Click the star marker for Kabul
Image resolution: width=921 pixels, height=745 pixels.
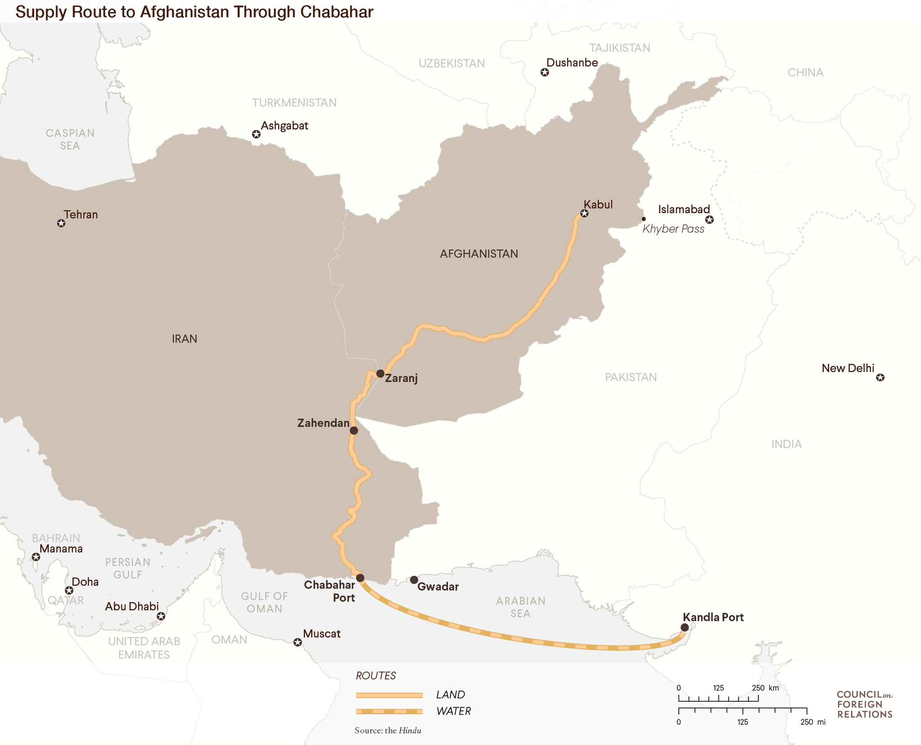click(x=584, y=214)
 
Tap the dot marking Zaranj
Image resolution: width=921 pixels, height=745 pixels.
click(x=380, y=373)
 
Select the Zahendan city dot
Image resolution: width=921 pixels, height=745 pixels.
click(x=354, y=431)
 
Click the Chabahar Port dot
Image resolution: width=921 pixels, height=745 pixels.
click(x=360, y=578)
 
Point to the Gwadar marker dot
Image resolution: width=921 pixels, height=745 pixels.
click(x=414, y=580)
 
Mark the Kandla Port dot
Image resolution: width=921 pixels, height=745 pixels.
click(x=684, y=628)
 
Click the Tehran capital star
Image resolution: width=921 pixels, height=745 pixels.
click(x=61, y=224)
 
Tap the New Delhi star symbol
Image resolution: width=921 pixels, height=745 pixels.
click(x=880, y=377)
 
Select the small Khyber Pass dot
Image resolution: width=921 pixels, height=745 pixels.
click(x=644, y=219)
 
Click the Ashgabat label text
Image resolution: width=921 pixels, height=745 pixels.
click(x=284, y=126)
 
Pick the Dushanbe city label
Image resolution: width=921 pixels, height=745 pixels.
click(x=572, y=63)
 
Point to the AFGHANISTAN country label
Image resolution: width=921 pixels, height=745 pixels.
click(x=478, y=254)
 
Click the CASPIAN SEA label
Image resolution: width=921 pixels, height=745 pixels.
click(x=70, y=139)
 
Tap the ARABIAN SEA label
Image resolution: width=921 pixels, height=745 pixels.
click(x=520, y=607)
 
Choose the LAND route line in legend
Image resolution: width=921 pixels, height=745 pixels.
click(x=389, y=695)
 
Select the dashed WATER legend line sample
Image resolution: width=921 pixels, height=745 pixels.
click(x=389, y=711)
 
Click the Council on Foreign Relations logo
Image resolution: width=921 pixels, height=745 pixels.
click(x=864, y=705)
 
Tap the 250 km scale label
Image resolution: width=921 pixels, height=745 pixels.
click(x=765, y=688)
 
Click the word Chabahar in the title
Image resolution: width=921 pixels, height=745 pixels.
click(x=336, y=12)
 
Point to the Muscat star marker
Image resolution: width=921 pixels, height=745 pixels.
click(x=297, y=642)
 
